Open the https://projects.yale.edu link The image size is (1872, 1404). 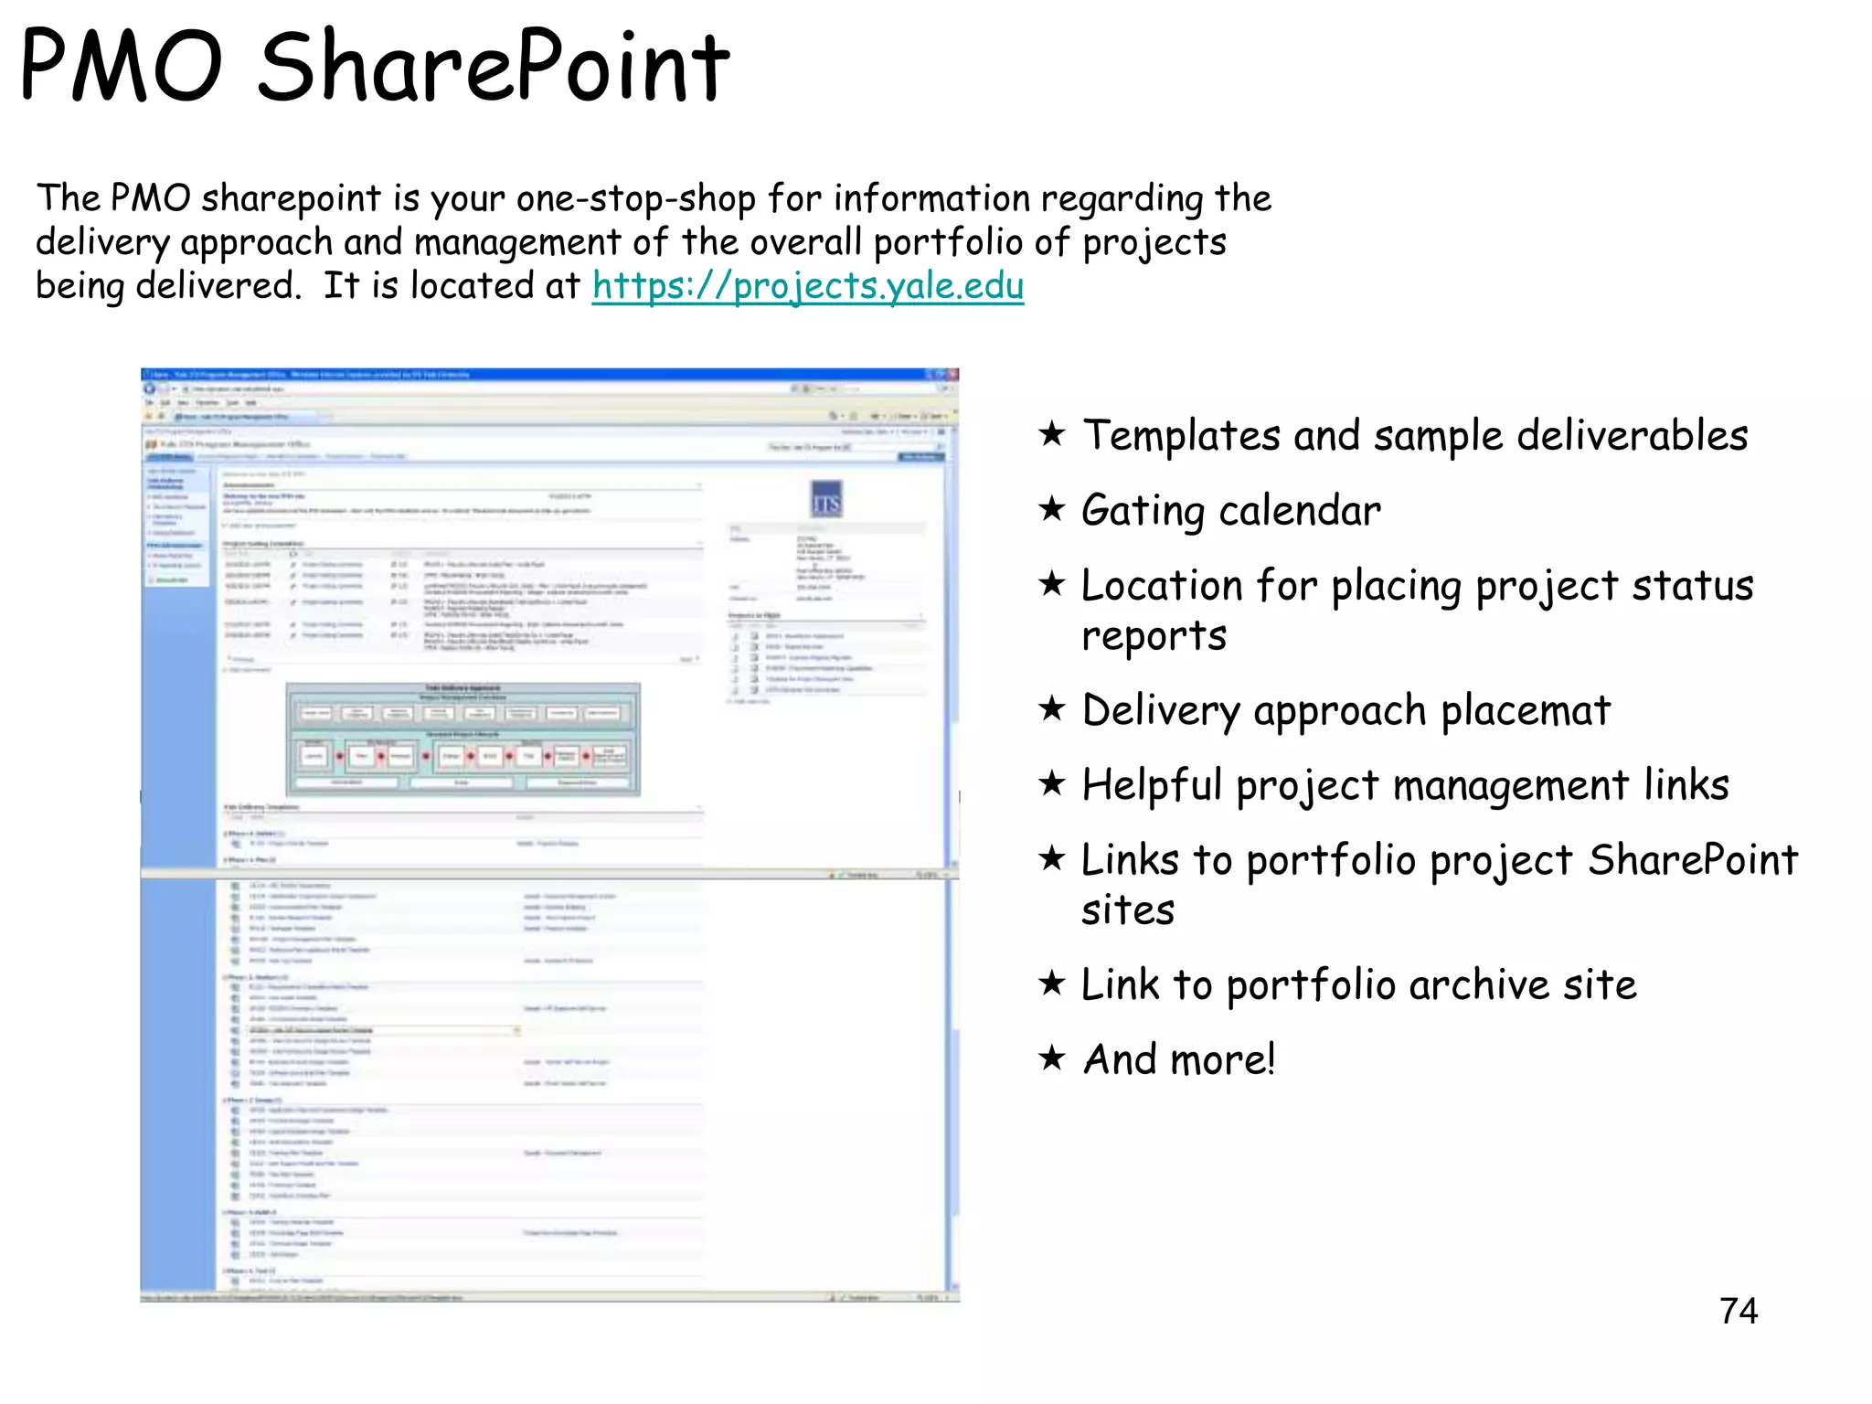807,285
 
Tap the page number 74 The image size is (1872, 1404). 1738,1311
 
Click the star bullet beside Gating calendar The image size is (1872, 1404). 1052,508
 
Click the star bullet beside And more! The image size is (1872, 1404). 1052,1058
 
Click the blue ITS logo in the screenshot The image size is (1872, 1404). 826,500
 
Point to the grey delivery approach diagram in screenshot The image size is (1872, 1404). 463,739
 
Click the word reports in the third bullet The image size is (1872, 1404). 1154,635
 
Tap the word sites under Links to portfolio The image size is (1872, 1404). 1128,910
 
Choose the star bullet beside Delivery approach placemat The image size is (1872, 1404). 1052,708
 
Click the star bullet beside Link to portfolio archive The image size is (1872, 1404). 1052,983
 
